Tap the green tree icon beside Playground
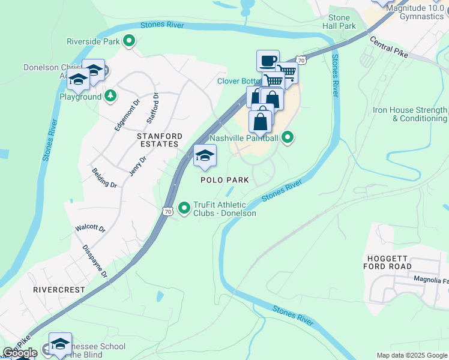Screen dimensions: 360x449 coord(110,96)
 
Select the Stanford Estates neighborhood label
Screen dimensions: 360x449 coord(154,140)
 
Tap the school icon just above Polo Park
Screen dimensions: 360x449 coord(205,156)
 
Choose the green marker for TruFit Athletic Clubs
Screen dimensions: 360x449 coord(184,208)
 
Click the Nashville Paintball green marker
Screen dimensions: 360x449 coord(288,138)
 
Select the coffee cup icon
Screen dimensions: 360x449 coord(268,60)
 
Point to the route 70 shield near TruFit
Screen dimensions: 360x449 coord(167,211)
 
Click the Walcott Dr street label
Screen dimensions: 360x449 coord(90,229)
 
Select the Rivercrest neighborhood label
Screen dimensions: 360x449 coord(59,289)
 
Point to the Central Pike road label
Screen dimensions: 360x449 coord(389,47)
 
